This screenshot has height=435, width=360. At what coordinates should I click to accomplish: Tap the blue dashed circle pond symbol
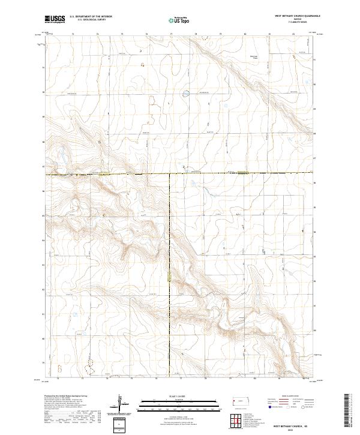click(186, 92)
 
